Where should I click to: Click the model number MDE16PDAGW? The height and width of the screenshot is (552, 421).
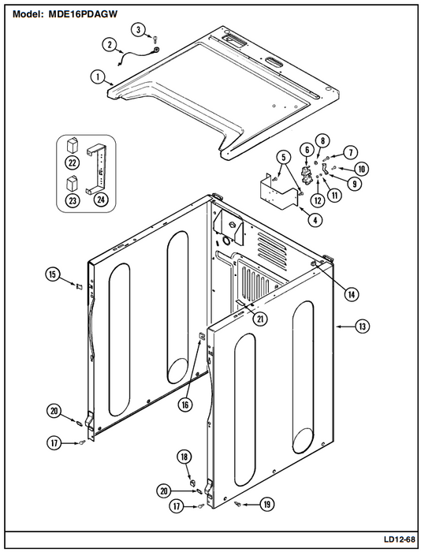tap(83, 14)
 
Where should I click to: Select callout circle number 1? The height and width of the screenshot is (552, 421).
tap(97, 76)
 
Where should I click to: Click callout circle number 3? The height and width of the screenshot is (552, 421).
tap(138, 30)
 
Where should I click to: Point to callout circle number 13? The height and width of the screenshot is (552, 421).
tap(362, 326)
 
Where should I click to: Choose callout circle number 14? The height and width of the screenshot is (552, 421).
tap(352, 294)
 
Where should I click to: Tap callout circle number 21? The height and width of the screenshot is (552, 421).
tap(260, 319)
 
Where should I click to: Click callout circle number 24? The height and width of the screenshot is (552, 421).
tap(101, 200)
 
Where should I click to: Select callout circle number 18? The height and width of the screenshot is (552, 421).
tap(184, 457)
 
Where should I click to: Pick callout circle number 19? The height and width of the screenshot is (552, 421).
tap(267, 505)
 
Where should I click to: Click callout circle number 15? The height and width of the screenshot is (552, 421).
tap(53, 274)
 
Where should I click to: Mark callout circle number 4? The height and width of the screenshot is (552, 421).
tap(315, 220)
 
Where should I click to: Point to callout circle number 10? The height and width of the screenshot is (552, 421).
tap(362, 169)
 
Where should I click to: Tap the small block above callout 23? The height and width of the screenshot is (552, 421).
tap(73, 183)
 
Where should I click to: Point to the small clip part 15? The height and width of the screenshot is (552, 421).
tap(79, 287)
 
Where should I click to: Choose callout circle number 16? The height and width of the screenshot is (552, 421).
tap(185, 405)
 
